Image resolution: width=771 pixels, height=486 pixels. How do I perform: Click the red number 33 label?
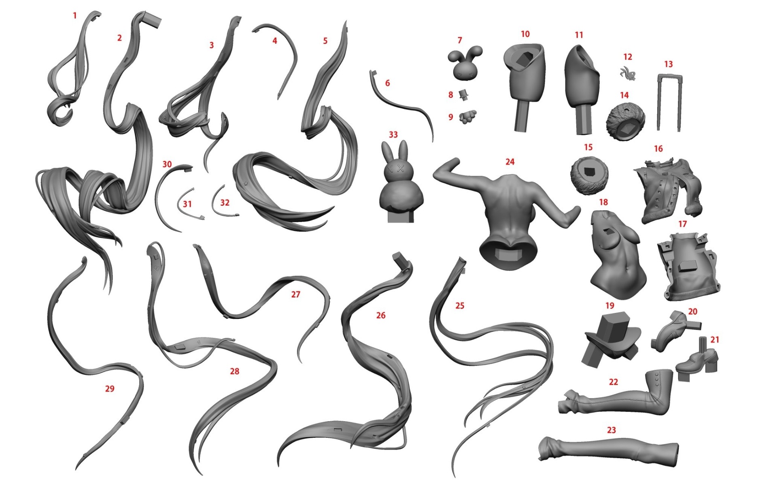393,134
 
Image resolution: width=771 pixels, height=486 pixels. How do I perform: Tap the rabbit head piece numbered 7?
464,64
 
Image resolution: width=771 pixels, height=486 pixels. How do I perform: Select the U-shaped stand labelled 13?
668,103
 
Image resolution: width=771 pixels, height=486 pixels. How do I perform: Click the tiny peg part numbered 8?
464,96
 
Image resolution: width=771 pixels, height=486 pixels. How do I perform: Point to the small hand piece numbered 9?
467,117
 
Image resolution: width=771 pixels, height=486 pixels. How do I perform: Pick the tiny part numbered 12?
628,73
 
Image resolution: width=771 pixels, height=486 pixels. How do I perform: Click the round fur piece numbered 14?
625,121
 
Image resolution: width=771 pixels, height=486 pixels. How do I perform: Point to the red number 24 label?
510,162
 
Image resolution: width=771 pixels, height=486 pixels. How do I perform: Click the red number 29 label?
110,389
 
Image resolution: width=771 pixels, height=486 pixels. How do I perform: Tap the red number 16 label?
658,149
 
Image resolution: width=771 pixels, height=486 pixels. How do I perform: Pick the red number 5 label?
325,41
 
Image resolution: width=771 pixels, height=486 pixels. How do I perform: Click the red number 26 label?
381,315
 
